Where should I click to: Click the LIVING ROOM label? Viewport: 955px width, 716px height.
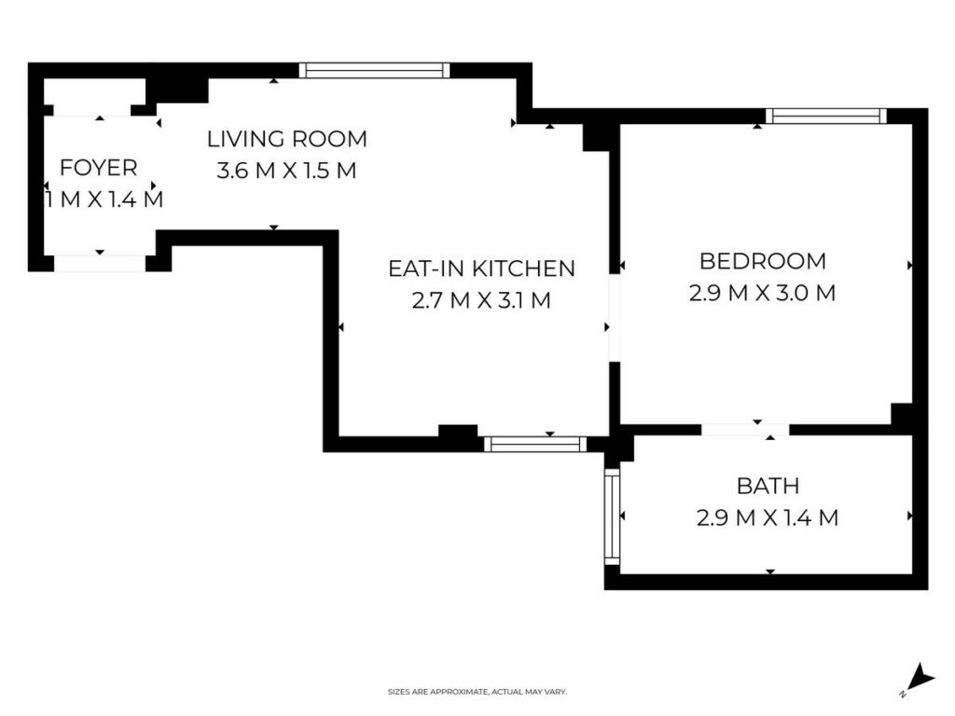[x=287, y=140]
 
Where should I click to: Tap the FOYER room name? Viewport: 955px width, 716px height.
[x=99, y=168]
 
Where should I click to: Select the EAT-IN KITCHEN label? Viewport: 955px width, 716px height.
[x=481, y=268]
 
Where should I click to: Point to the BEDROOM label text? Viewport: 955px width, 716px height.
[x=763, y=261]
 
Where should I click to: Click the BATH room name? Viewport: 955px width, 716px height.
[x=768, y=486]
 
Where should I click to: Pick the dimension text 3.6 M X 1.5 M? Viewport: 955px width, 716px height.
[x=286, y=171]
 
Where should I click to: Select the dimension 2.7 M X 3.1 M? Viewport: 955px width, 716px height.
[x=481, y=300]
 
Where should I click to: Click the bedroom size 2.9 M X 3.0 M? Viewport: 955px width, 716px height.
[x=763, y=293]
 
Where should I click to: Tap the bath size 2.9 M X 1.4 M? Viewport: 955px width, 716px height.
[x=768, y=518]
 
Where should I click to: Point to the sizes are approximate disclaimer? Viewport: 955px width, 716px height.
[x=477, y=692]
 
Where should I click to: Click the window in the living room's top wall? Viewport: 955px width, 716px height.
[x=375, y=70]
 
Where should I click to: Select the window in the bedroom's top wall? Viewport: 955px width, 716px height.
[x=826, y=116]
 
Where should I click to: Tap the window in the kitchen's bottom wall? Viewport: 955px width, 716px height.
[x=535, y=444]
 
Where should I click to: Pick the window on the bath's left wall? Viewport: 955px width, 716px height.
[x=612, y=516]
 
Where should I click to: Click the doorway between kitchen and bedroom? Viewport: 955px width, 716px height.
[x=615, y=318]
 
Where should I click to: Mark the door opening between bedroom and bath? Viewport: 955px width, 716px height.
[x=745, y=430]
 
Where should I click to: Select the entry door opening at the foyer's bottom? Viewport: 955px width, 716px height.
[x=100, y=264]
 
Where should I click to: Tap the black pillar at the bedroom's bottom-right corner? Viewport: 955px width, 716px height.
[x=902, y=413]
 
